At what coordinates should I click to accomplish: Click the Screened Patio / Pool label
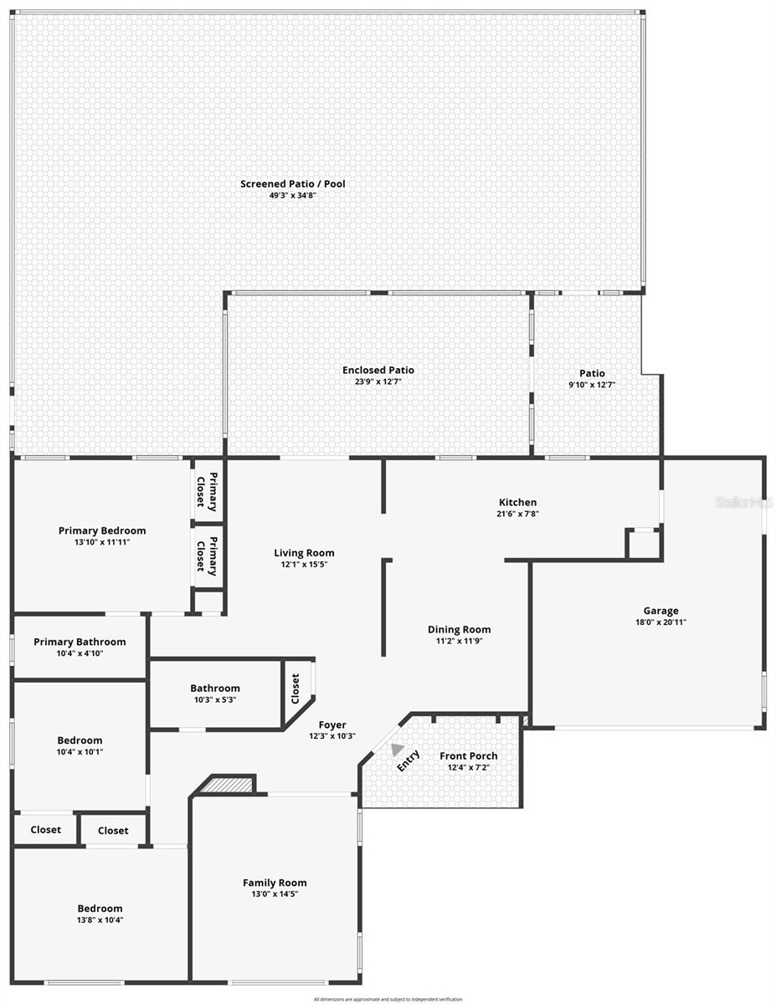[x=292, y=183]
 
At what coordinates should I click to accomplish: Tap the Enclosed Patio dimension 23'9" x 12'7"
[x=378, y=382]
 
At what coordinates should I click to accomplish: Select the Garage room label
[x=660, y=610]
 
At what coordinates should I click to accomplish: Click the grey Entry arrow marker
[x=396, y=750]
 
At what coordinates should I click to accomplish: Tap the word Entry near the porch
[x=409, y=761]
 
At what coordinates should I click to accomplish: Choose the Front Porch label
[x=468, y=756]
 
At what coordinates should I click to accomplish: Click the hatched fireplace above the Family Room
[x=226, y=785]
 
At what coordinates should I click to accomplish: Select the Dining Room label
[x=459, y=629]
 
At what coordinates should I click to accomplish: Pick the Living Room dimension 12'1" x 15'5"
[x=304, y=564]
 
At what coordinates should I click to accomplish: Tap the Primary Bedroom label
[x=102, y=530]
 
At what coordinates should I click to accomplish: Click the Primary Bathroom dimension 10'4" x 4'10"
[x=80, y=653]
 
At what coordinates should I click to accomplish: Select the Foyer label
[x=332, y=725]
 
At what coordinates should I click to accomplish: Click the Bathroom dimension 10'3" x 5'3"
[x=214, y=699]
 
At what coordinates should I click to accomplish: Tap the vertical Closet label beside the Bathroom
[x=295, y=689]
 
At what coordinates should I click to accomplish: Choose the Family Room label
[x=275, y=882]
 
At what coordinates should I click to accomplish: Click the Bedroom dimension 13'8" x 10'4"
[x=100, y=919]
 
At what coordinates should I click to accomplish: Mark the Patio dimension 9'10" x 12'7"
[x=592, y=385]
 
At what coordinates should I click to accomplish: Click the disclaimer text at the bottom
[x=388, y=999]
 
